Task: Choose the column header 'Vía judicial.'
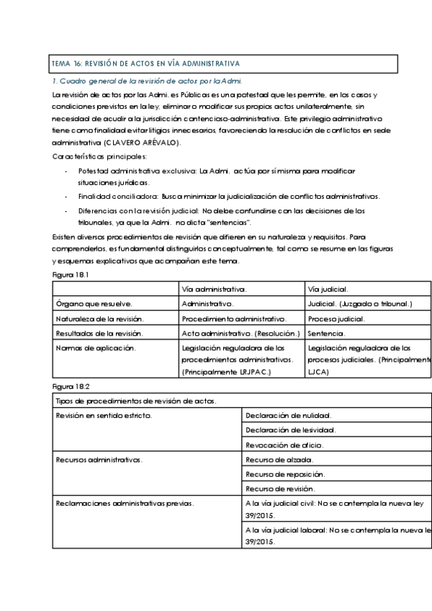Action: point(328,289)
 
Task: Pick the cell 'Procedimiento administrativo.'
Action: point(235,318)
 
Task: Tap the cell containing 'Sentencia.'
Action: point(326,334)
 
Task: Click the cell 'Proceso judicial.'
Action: point(336,318)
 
